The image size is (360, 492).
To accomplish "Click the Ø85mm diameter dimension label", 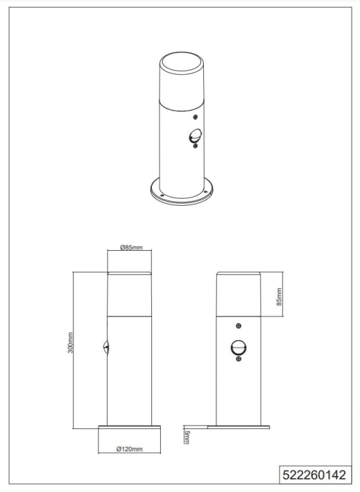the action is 131,247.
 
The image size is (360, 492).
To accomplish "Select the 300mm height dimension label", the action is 70,342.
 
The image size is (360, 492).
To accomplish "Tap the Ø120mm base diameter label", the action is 130,449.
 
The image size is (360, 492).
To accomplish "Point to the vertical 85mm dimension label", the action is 279,297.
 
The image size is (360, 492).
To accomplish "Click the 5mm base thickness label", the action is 187,437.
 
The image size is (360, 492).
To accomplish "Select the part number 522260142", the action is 314,475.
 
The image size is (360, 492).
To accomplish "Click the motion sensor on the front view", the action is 239,348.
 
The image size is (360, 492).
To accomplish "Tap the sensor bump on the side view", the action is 105,348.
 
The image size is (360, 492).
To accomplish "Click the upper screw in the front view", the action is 239,326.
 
